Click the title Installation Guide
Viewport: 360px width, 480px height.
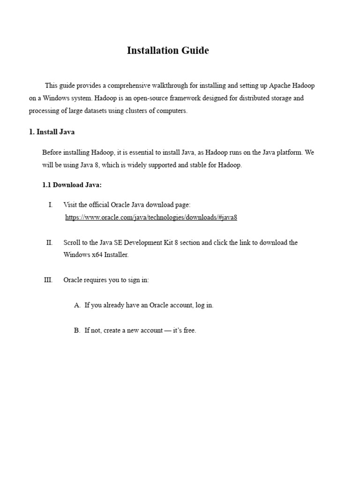pyautogui.click(x=168, y=51)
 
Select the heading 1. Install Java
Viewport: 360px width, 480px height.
pyautogui.click(x=52, y=132)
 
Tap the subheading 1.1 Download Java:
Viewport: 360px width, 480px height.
pyautogui.click(x=72, y=185)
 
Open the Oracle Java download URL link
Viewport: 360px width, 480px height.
pyautogui.click(x=151, y=217)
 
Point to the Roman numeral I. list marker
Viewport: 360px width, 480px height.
pyautogui.click(x=50, y=205)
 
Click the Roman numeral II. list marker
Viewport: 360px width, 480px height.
pyautogui.click(x=49, y=242)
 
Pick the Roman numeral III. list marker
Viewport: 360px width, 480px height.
pyautogui.click(x=48, y=280)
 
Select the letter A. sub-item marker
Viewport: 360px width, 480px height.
pyautogui.click(x=77, y=305)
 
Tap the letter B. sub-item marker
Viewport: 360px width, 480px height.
pyautogui.click(x=77, y=330)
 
